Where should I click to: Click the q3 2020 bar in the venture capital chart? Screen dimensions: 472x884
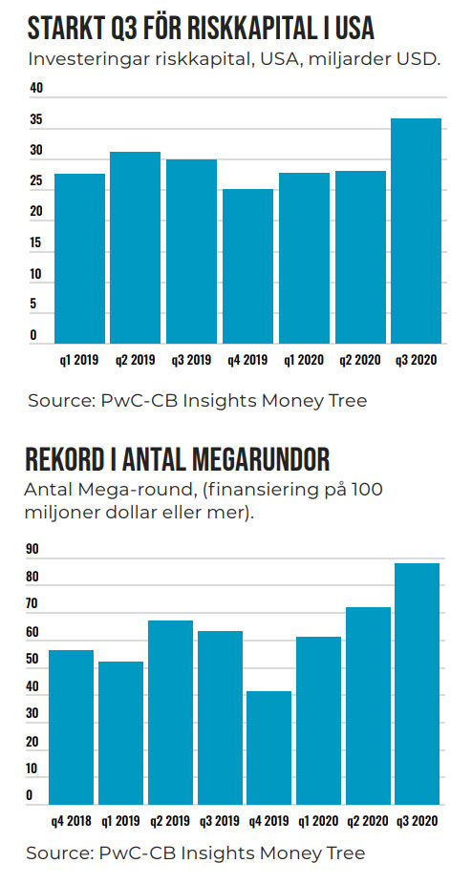[x=417, y=231]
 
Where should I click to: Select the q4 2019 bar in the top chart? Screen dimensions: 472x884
[x=247, y=266]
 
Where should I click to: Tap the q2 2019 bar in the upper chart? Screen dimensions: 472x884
[x=135, y=247]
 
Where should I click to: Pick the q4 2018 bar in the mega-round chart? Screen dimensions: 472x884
[x=71, y=727]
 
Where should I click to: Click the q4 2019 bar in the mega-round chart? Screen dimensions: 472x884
[x=268, y=747]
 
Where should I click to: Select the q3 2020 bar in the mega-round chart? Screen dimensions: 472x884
[x=418, y=684]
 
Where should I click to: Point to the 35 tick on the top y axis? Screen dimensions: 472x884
[x=36, y=120]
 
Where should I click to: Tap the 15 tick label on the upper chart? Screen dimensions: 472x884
[x=36, y=243]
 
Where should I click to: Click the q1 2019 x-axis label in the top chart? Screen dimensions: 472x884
[x=79, y=360]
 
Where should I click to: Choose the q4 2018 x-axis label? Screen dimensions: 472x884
[x=71, y=821]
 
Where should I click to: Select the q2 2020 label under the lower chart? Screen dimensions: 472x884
[x=368, y=821]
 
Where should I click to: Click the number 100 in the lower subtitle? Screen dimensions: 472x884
[x=367, y=490]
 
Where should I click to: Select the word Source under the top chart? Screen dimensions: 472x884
[x=61, y=401]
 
